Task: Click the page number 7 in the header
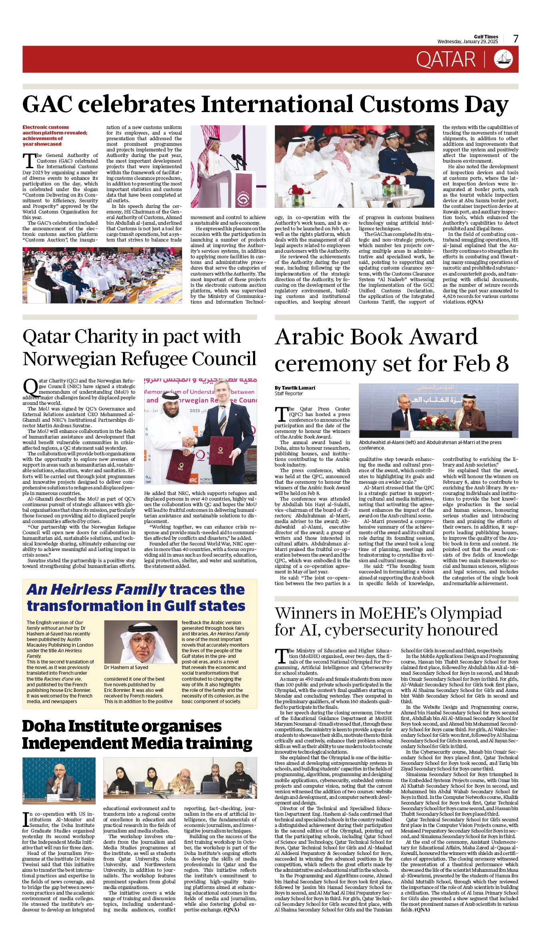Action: (x=515, y=39)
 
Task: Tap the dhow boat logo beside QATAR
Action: (x=503, y=59)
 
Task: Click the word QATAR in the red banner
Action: (x=445, y=60)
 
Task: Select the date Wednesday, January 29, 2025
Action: (x=467, y=42)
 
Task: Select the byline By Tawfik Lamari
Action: (x=295, y=388)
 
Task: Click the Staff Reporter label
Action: (x=289, y=394)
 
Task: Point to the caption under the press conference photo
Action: (x=430, y=445)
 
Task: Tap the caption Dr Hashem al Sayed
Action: (x=126, y=668)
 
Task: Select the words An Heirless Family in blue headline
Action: (x=96, y=590)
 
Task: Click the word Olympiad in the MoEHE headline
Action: (x=466, y=613)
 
